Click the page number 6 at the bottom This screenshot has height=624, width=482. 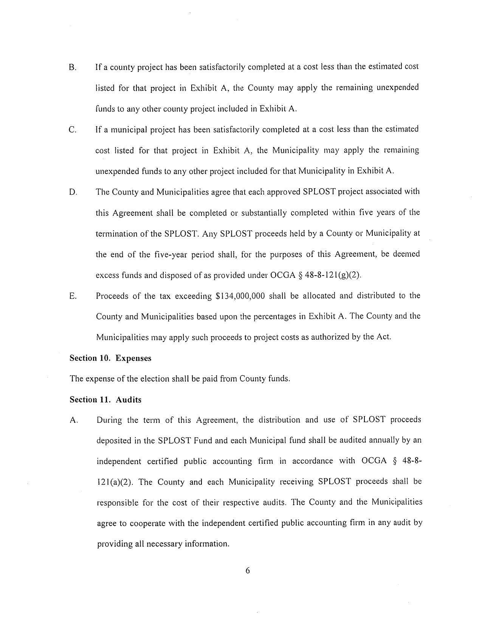(x=248, y=570)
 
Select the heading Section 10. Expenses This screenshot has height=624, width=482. (x=110, y=358)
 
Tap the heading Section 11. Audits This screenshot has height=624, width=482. (x=105, y=399)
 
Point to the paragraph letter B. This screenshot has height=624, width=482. (x=73, y=68)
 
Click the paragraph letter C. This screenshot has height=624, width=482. (x=73, y=130)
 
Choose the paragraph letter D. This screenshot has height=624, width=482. (x=73, y=192)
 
